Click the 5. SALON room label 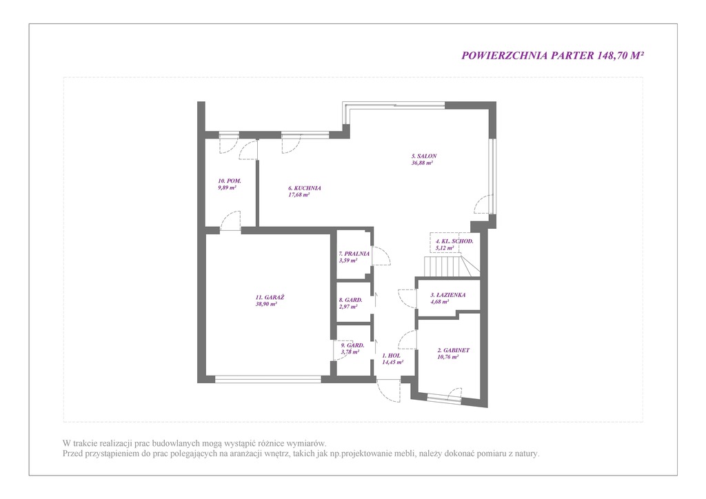[424, 156]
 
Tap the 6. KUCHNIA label [305, 188]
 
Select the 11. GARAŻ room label [270, 298]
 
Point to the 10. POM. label [230, 181]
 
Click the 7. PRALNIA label [354, 254]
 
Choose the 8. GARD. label [351, 300]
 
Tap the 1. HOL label [391, 356]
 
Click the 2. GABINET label [454, 351]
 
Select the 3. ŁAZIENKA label [448, 295]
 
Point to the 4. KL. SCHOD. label [454, 241]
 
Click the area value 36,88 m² [423, 163]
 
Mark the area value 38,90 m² [266, 304]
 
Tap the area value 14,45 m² [392, 362]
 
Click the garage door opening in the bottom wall [268, 379]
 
